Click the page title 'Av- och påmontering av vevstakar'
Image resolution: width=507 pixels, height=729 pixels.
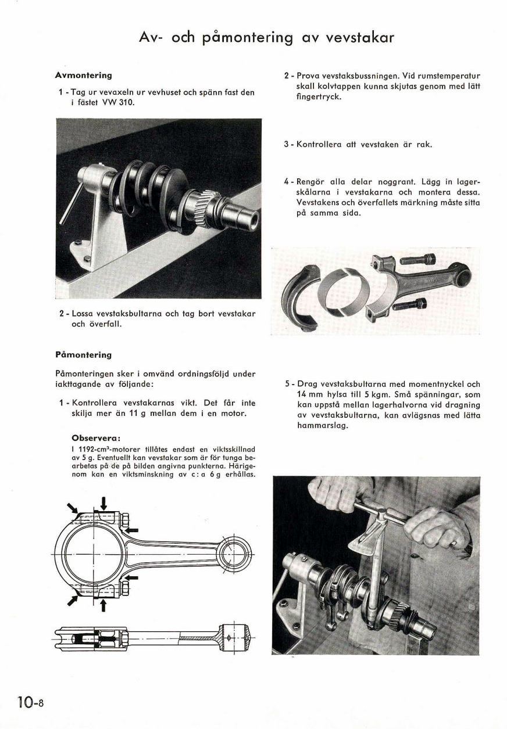(x=267, y=38)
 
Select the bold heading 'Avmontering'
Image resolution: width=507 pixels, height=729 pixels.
(x=83, y=76)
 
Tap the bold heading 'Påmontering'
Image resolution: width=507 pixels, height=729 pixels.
(x=83, y=354)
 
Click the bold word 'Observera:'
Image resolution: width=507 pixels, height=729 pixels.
(x=95, y=437)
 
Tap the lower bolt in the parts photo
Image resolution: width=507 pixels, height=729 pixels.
(x=412, y=303)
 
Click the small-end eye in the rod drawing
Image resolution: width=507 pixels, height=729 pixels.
(x=234, y=550)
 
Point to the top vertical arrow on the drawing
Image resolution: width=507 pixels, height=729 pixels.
(x=103, y=503)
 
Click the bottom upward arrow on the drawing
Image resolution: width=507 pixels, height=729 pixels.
(x=103, y=605)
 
